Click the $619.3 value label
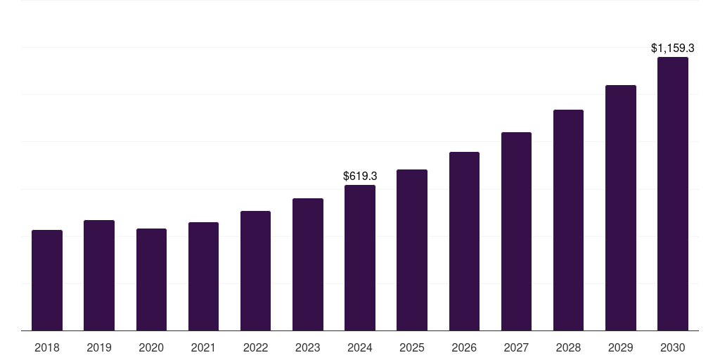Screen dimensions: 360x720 click(360, 176)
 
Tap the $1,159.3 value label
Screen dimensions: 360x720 click(673, 49)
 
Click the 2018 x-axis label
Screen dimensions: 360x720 click(47, 347)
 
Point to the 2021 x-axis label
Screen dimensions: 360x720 click(203, 347)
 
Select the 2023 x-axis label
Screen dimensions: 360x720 click(307, 347)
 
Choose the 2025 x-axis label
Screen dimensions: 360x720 click(412, 347)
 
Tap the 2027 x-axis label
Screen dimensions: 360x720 click(516, 347)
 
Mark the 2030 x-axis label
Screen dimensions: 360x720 click(673, 347)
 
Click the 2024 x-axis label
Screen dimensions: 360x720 click(360, 347)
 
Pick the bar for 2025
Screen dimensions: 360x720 click(412, 250)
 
